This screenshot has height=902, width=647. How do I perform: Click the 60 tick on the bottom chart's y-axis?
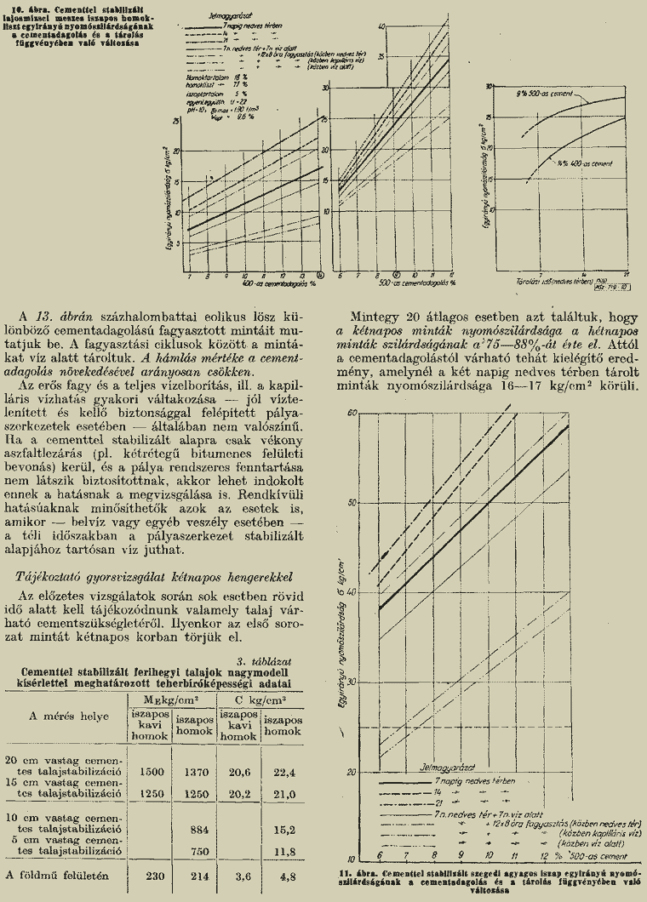pos(351,413)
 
